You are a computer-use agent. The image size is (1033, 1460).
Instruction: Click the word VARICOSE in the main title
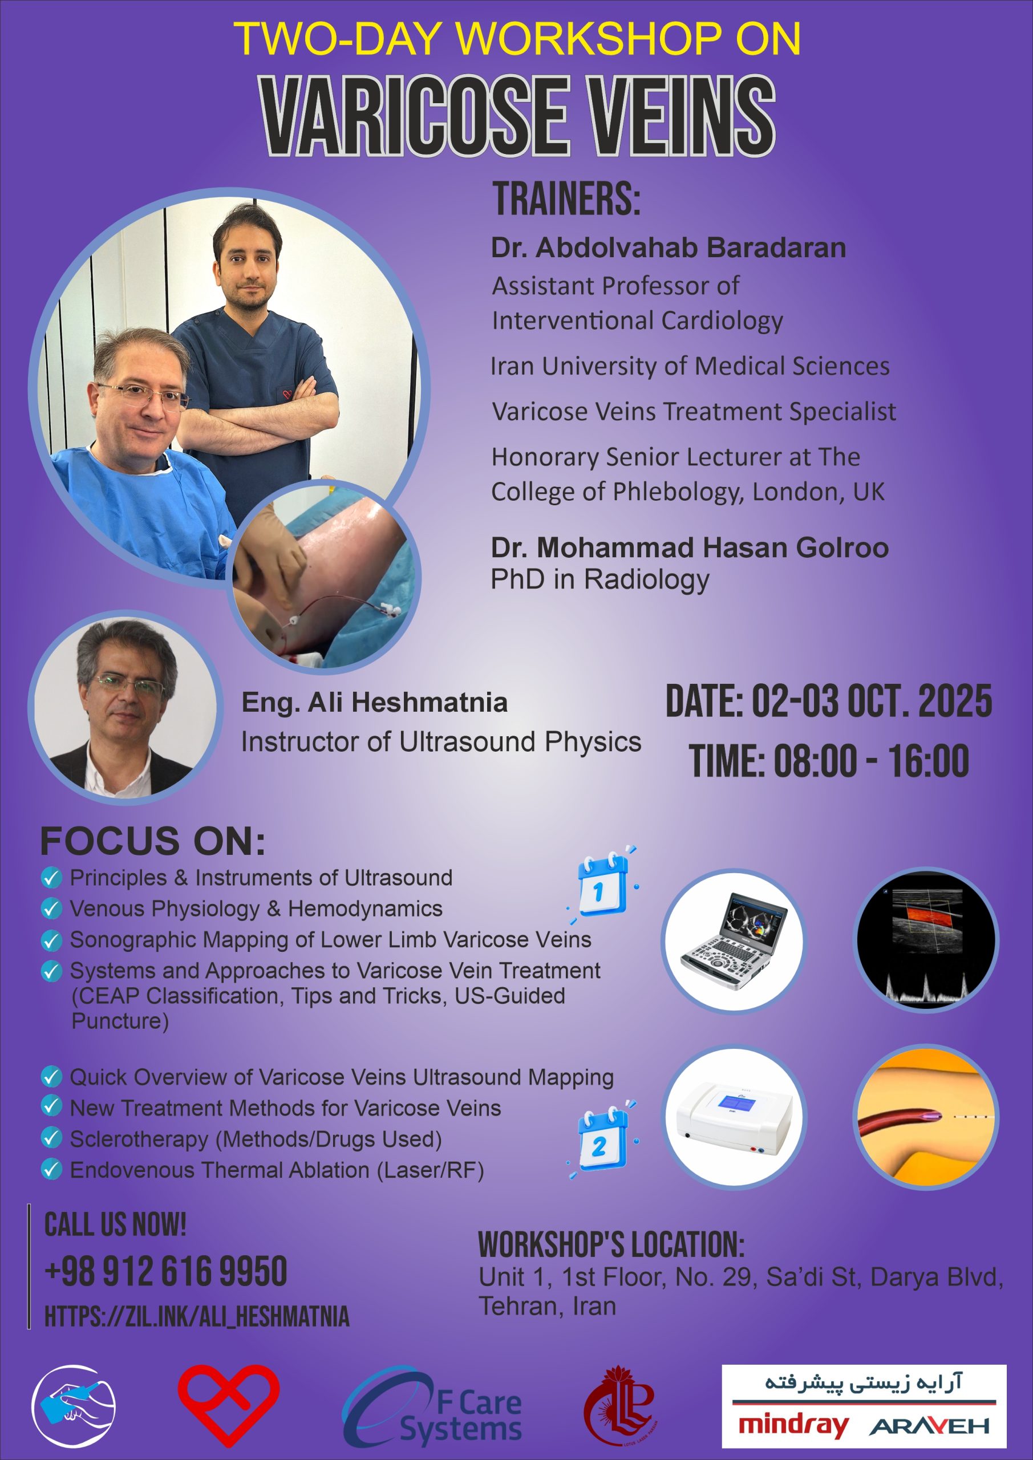(x=412, y=115)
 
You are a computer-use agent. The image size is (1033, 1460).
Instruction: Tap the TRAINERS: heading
(x=567, y=198)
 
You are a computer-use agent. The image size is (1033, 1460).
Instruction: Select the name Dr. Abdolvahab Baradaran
(x=668, y=248)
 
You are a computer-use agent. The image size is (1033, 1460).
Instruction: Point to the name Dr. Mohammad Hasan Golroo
(x=690, y=547)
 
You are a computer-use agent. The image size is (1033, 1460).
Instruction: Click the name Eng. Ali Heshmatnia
(x=375, y=702)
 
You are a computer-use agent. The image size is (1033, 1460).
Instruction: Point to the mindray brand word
(x=793, y=1425)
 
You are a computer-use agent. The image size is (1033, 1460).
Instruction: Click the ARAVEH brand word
(x=929, y=1426)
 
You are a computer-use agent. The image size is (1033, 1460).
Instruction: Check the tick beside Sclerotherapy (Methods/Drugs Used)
(x=51, y=1138)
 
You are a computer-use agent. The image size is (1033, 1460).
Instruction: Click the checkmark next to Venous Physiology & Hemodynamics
(x=51, y=908)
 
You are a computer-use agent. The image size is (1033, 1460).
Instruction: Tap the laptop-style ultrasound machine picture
(x=734, y=940)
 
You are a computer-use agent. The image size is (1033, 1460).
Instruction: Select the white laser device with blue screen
(x=734, y=1118)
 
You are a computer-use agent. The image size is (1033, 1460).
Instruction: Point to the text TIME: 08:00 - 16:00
(x=829, y=761)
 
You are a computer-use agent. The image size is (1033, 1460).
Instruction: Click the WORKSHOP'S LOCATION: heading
(x=611, y=1244)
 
